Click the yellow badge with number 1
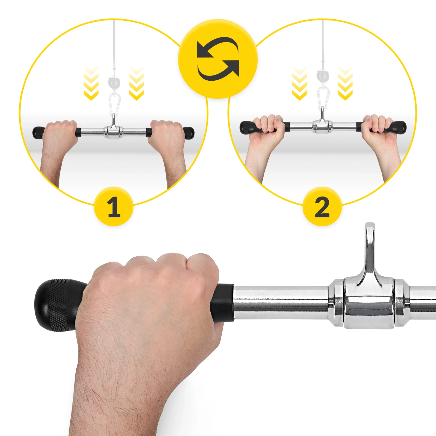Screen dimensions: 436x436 (114, 206)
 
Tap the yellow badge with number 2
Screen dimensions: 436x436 (322, 206)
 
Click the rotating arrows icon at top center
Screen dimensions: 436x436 (218, 59)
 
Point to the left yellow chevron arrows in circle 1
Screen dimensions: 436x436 (91, 83)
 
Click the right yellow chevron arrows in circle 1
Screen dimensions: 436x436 (136, 83)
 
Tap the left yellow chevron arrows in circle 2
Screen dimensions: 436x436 (300, 83)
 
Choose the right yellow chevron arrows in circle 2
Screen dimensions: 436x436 (345, 83)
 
